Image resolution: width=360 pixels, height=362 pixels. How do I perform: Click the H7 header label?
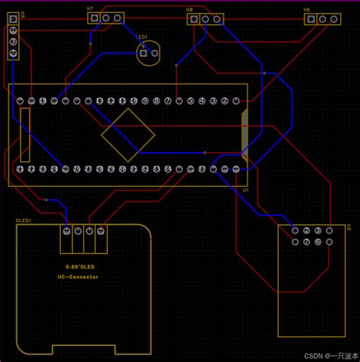pos(90,8)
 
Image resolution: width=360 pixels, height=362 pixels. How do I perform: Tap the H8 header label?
pos(189,9)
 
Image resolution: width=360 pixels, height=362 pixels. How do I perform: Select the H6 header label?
pos(307,10)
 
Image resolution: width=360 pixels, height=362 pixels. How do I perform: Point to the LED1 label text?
pos(141,36)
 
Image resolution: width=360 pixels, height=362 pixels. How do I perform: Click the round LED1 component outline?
pos(148,52)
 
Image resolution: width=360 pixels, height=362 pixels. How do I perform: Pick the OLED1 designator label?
pos(24,220)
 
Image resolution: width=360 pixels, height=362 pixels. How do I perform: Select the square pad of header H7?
pos(95,17)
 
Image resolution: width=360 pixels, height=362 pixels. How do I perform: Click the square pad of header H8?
pos(194,18)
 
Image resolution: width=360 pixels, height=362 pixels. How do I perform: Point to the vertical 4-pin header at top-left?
pos(13,41)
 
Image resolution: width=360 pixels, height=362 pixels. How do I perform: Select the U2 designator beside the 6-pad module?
pos(349,227)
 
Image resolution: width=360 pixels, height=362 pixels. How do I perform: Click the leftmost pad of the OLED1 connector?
pos(68,231)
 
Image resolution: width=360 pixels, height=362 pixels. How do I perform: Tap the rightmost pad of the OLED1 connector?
pos(101,231)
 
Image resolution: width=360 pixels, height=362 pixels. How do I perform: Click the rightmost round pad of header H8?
pos(217,18)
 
